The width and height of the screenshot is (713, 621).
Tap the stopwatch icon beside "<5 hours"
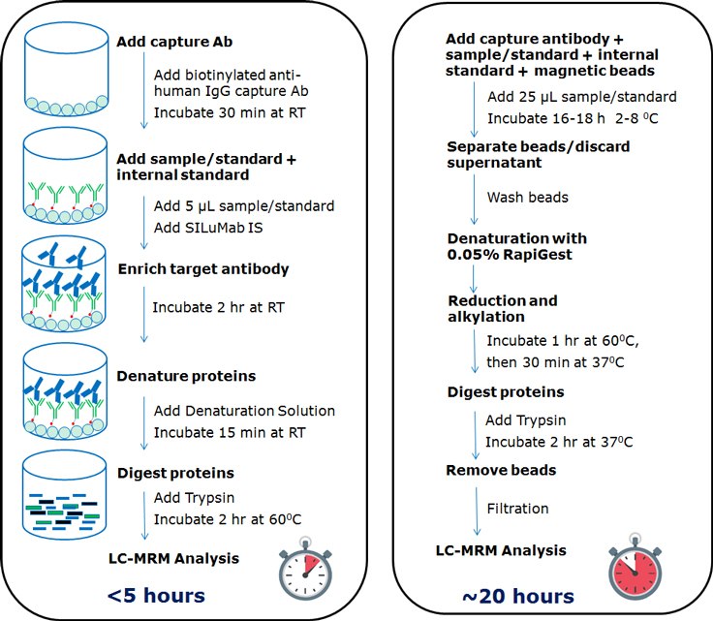(304, 569)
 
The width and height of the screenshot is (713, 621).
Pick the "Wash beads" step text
(527, 197)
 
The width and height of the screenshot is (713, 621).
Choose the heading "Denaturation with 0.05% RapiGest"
(517, 246)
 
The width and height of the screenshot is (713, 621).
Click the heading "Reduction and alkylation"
(502, 309)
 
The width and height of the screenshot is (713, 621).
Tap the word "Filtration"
(517, 509)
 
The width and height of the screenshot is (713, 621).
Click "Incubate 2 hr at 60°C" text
(228, 518)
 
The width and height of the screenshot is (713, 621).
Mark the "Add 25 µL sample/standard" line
(569, 98)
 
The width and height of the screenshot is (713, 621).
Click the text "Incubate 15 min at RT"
(227, 431)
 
